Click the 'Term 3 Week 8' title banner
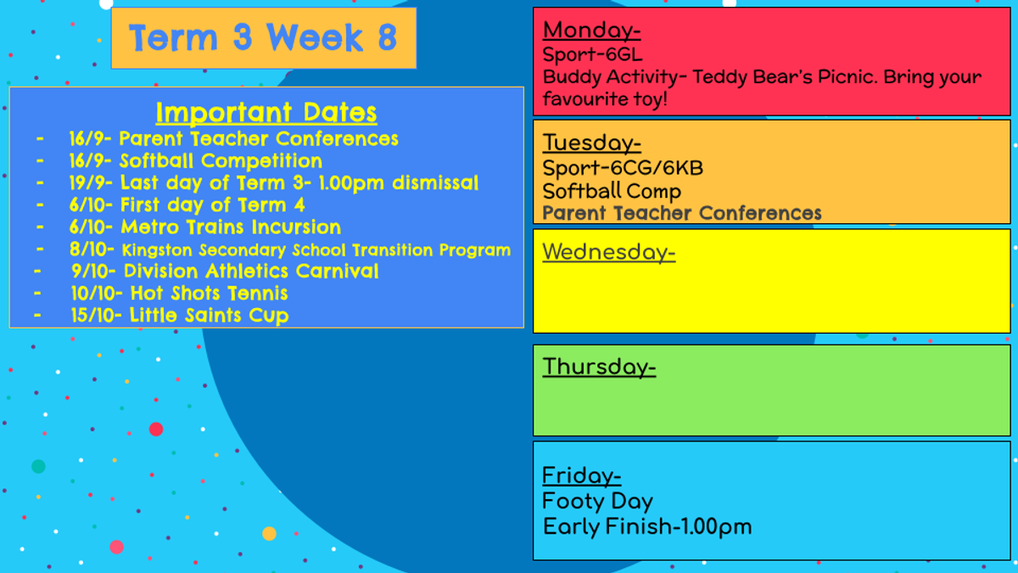264,37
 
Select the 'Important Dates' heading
266,112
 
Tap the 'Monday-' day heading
592,31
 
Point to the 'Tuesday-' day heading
592,143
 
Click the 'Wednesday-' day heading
609,252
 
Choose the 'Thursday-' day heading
599,367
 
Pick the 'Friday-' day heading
582,476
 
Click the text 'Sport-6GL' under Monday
593,55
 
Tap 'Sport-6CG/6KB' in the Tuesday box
623,168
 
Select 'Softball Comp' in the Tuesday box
612,192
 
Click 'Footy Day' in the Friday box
597,502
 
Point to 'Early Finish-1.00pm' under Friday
647,527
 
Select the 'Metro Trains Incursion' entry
231,227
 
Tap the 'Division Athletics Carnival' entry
251,271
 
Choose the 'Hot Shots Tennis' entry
209,294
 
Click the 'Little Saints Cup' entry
209,316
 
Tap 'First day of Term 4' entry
212,205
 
